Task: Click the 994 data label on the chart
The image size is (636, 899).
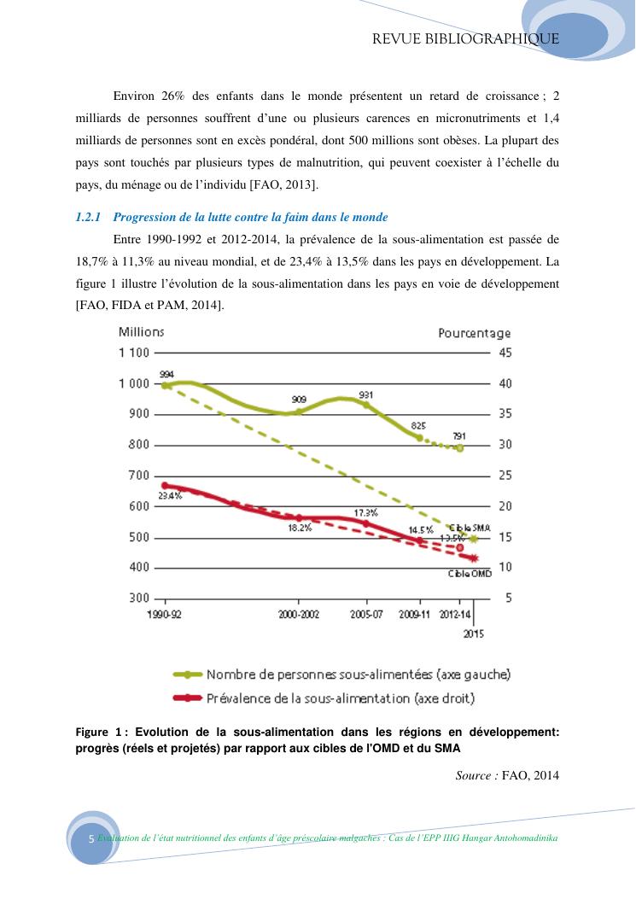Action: pos(167,374)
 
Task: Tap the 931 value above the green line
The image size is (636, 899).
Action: pos(366,394)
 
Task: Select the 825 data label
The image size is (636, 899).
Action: pos(419,425)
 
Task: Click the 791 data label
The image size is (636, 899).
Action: pos(459,435)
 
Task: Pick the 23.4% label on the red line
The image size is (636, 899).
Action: pos(170,495)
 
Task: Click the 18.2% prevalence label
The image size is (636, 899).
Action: pos(300,528)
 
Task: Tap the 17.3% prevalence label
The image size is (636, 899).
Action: pos(365,512)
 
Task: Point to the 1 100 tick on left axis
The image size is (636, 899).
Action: pos(134,353)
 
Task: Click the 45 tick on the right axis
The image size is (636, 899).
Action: pos(505,353)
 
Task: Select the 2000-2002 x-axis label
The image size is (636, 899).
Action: pos(299,615)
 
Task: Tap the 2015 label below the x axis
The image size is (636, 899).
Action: pos(473,633)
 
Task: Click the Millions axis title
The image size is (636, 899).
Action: pos(141,332)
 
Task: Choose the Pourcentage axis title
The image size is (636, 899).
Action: pos(475,333)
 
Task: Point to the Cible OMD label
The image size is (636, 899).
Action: pos(470,574)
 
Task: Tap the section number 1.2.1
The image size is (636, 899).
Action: pos(89,218)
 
